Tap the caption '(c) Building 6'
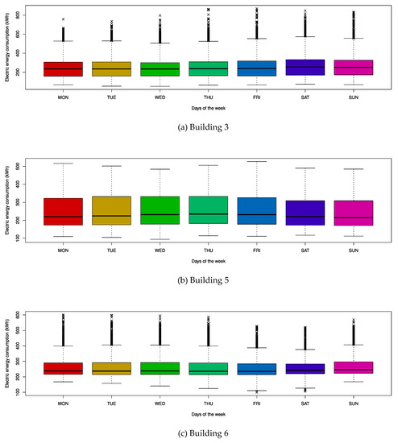[198, 433]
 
